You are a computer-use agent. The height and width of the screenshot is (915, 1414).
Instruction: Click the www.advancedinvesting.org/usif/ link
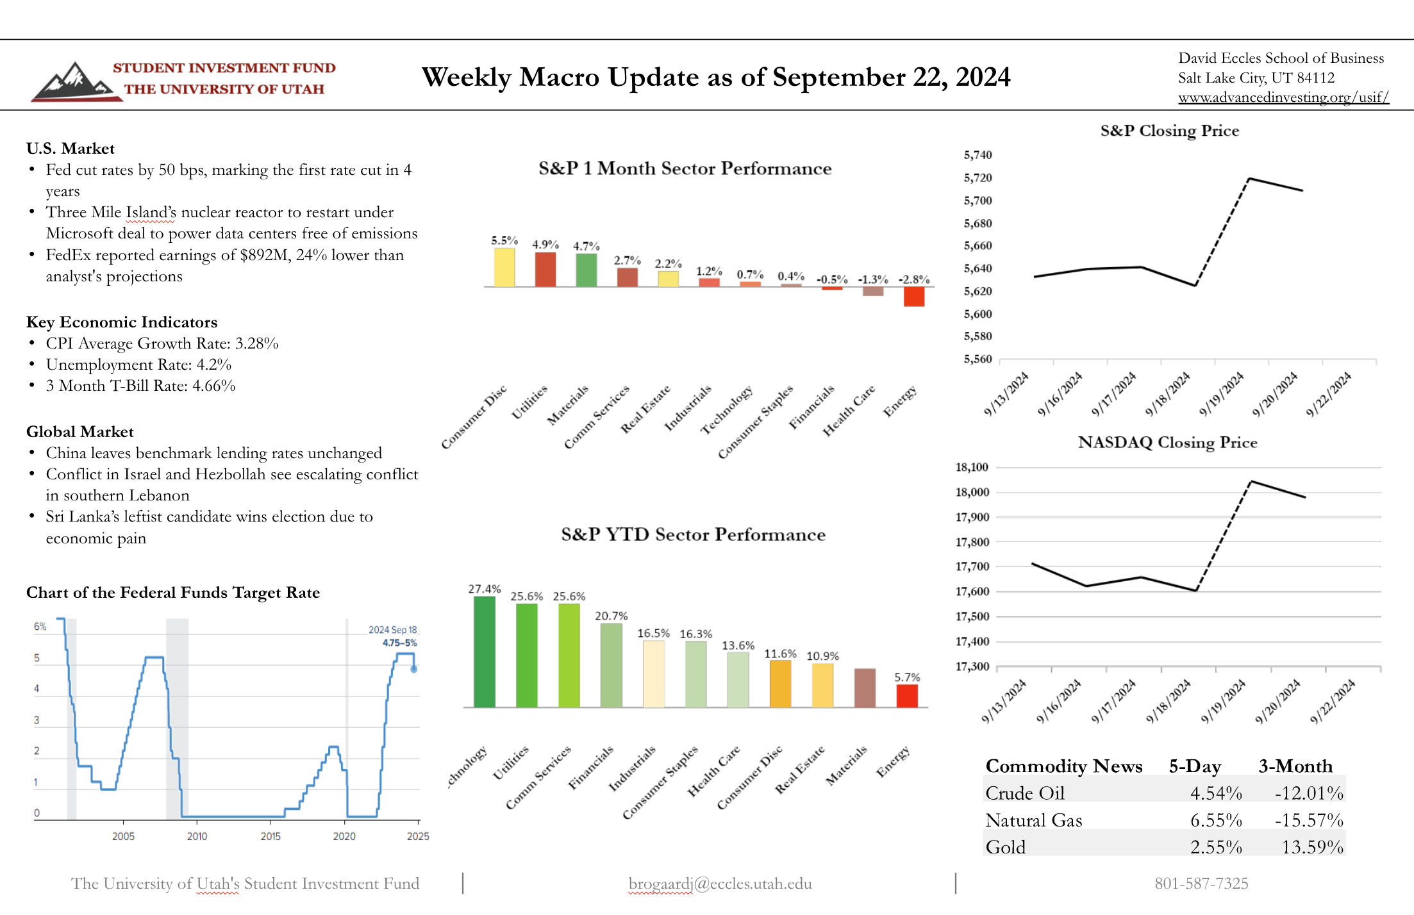1283,97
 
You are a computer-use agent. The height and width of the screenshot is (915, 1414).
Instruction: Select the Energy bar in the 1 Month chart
914,296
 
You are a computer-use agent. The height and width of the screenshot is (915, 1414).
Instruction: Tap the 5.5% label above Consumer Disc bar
504,240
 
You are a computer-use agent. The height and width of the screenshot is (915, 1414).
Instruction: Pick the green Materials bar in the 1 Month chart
586,270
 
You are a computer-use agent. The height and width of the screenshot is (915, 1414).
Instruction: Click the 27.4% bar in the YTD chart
485,652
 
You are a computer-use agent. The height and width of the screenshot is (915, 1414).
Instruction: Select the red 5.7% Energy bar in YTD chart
907,696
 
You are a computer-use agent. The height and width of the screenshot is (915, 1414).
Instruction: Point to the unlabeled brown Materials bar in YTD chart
865,688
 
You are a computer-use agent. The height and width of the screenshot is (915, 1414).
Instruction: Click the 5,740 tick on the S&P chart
977,155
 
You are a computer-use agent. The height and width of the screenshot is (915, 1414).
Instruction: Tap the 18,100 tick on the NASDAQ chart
972,467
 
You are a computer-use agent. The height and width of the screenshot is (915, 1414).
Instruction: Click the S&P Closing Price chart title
1170,131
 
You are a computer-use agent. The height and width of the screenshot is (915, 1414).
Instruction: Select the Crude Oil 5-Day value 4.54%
1216,793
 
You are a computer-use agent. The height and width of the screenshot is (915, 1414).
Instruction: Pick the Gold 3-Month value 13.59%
1312,847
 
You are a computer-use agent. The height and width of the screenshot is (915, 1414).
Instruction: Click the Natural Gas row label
1034,820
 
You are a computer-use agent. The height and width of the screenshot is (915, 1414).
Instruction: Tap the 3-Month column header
1295,766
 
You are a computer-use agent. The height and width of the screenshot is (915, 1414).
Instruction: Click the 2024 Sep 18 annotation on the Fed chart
392,630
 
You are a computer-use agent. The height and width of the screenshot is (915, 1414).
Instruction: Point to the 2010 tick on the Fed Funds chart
197,836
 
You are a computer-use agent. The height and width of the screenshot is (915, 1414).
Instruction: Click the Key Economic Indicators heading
122,322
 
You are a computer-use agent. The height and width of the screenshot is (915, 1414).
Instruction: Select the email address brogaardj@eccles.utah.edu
720,884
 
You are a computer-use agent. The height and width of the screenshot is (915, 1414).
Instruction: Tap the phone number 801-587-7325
1201,884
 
